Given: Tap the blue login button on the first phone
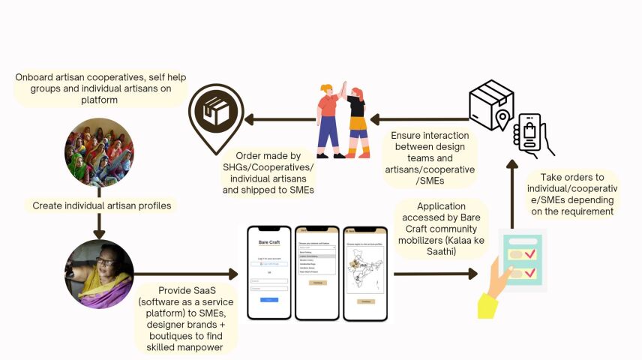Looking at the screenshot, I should [268, 299].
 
